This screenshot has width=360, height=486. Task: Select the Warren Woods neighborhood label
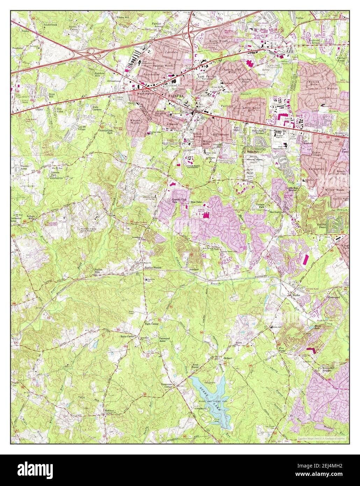(x=135, y=122)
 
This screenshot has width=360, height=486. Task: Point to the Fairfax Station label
(x=154, y=268)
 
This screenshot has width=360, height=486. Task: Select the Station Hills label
(x=100, y=271)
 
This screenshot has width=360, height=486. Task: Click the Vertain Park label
(x=260, y=206)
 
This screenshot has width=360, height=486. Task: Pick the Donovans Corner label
(x=164, y=385)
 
